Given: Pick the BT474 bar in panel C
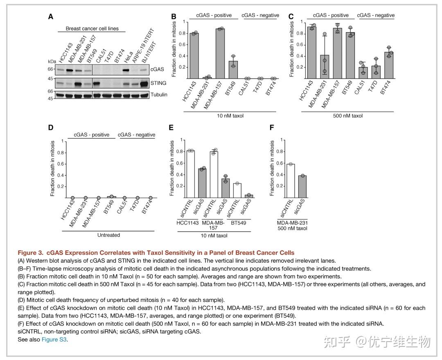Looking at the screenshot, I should point(389,65).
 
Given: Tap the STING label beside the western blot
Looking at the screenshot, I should point(158,83).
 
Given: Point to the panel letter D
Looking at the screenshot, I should point(51,127).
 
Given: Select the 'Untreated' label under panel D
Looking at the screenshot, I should point(108,235).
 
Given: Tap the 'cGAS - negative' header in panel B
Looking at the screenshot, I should point(260,16).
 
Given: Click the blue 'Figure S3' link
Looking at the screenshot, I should point(54,339).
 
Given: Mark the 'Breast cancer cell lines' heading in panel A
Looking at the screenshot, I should point(95,29).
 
